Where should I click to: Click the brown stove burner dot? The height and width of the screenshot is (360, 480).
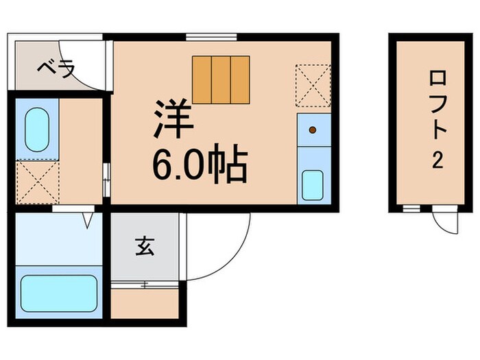tap(312, 129)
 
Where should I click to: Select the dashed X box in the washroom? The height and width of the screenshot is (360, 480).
tap(37, 182)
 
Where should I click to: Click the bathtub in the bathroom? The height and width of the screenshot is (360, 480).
tap(58, 294)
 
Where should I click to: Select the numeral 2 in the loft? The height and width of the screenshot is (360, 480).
tap(435, 162)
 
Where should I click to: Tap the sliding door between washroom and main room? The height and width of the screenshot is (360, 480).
tap(106, 180)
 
